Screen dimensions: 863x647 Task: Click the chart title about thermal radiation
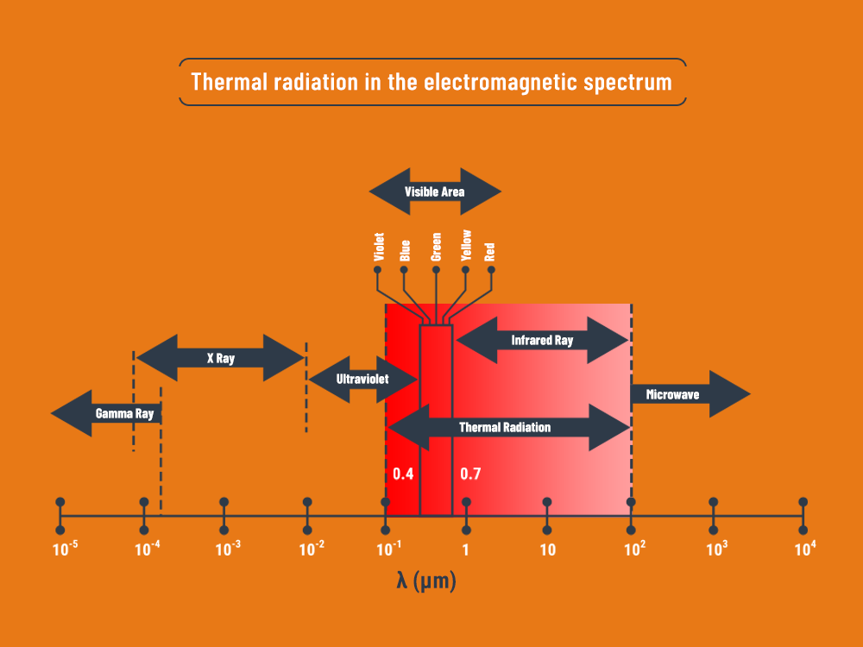tap(431, 82)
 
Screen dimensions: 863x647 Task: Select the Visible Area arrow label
tap(435, 192)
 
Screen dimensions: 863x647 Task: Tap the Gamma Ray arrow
tap(106, 413)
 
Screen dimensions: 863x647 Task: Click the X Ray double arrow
tap(220, 358)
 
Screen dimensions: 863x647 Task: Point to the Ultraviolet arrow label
tap(362, 379)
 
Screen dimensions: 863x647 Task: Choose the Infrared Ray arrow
tap(542, 340)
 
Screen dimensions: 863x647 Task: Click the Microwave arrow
tap(691, 394)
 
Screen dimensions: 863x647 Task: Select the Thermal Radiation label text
tap(505, 428)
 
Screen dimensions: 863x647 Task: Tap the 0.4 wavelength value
tap(403, 474)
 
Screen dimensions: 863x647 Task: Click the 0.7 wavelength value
tap(470, 474)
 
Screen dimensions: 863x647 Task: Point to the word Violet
tap(379, 247)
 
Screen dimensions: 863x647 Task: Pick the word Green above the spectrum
tap(437, 247)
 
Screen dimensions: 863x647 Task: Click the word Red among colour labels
tap(490, 252)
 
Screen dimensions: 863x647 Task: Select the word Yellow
tap(466, 245)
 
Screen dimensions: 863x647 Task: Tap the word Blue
tap(405, 250)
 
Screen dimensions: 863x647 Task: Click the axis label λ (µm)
tap(426, 581)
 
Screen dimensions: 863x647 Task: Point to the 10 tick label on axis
tap(548, 550)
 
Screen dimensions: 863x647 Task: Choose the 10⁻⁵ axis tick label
tap(65, 549)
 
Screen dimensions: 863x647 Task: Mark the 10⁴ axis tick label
tap(805, 549)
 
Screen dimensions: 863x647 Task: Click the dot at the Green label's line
tap(437, 269)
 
